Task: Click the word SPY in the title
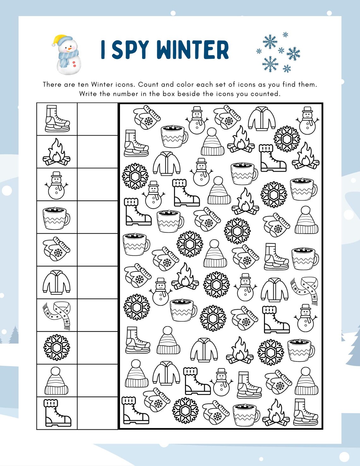click(130, 50)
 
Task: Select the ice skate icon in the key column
click(57, 119)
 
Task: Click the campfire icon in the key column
click(57, 152)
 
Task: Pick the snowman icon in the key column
click(57, 185)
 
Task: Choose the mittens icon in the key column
click(57, 249)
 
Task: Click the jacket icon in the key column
click(57, 282)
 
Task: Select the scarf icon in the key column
click(57, 315)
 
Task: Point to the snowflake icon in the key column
click(57, 348)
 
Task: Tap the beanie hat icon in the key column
click(57, 381)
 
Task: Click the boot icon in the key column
click(57, 413)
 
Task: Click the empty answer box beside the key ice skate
click(98, 119)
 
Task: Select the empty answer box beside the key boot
click(98, 413)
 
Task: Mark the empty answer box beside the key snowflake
click(98, 348)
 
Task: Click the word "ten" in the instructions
click(83, 85)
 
